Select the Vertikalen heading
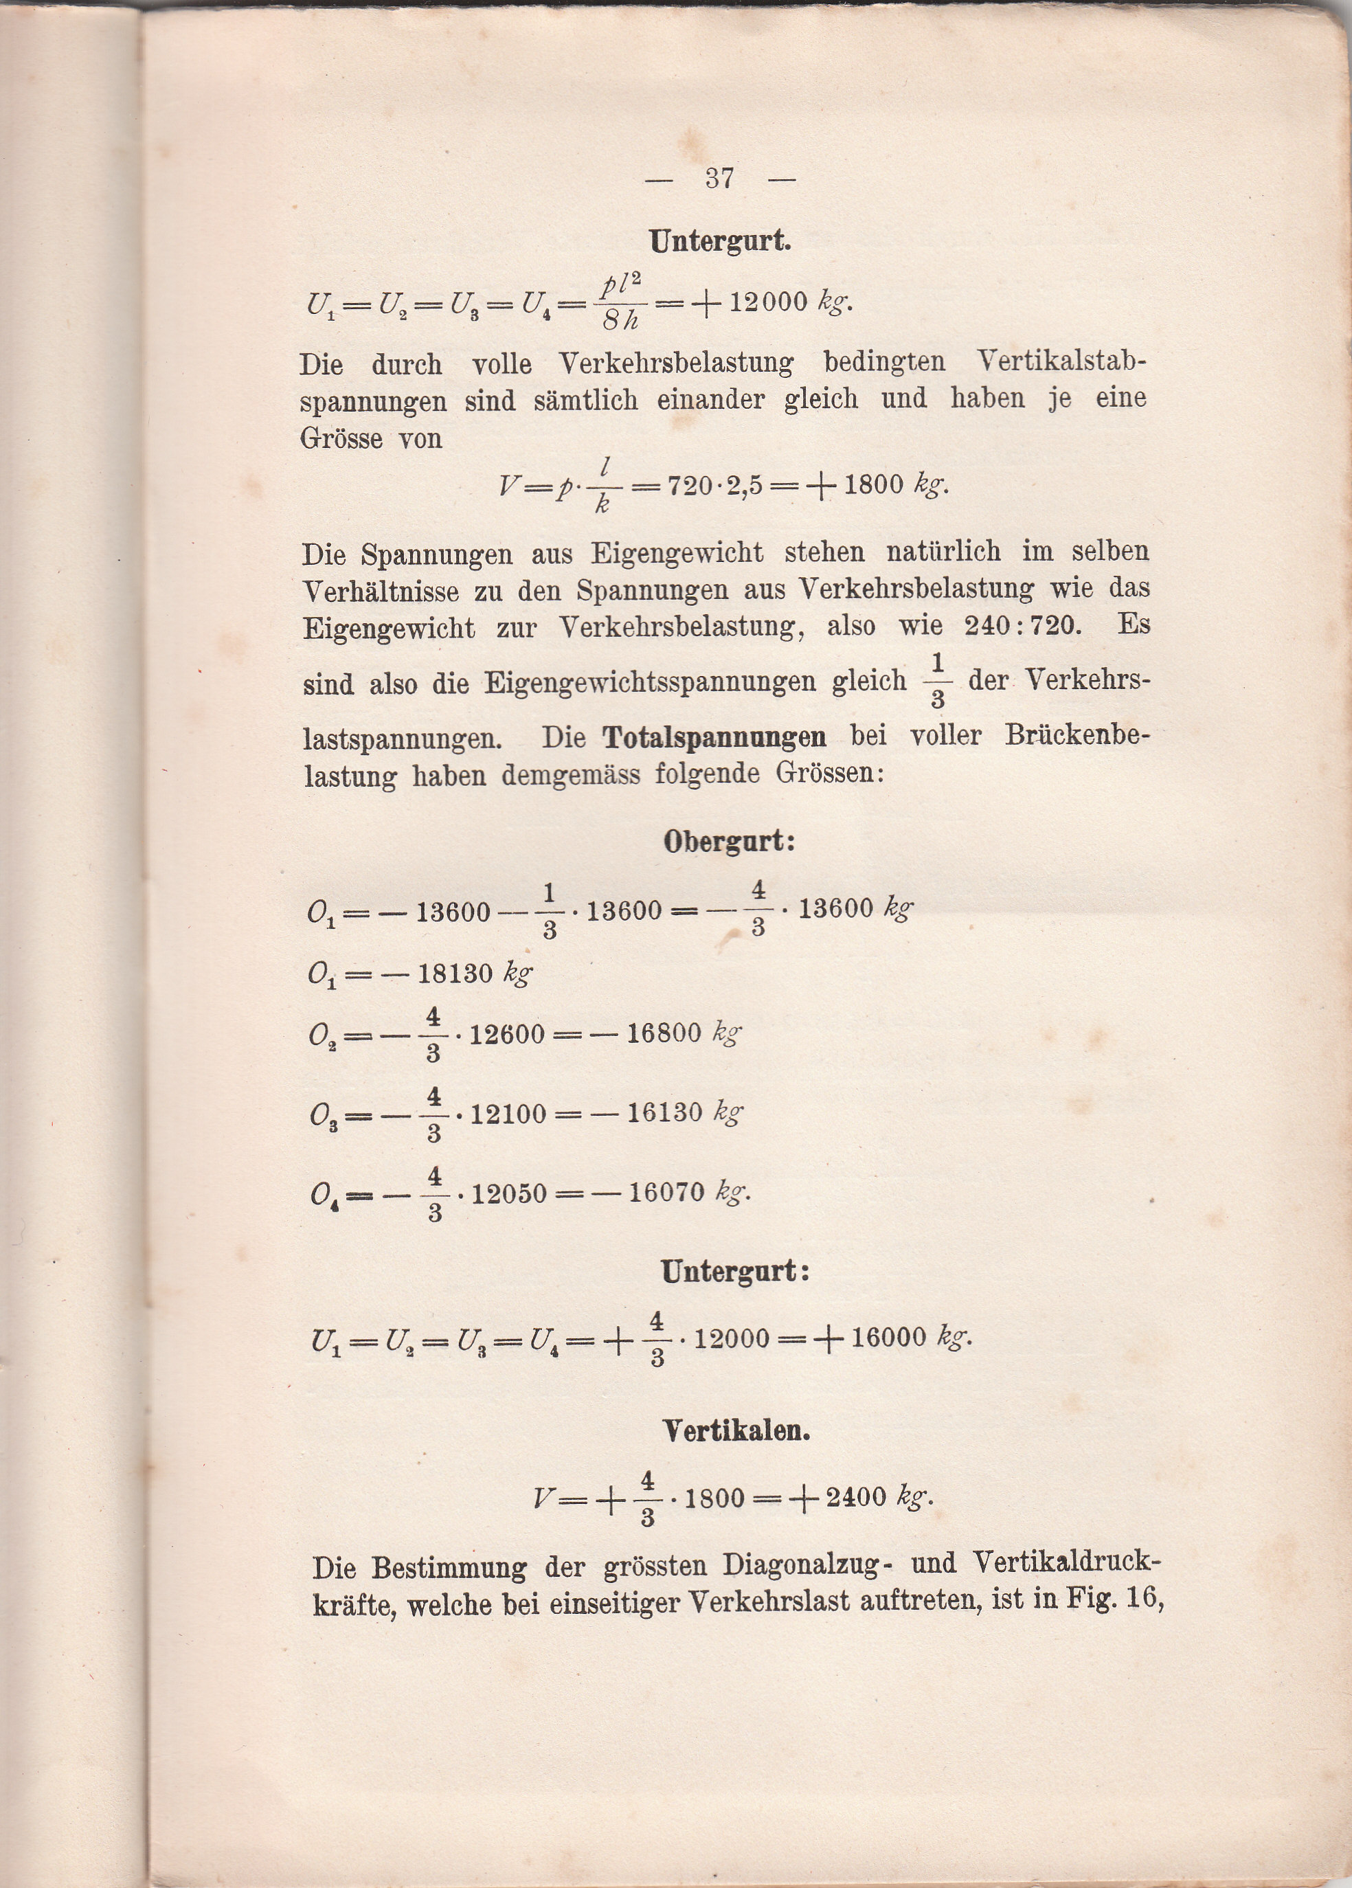736,1431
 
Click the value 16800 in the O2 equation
664,1034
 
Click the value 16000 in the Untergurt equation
889,1338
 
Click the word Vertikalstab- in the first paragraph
1061,363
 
